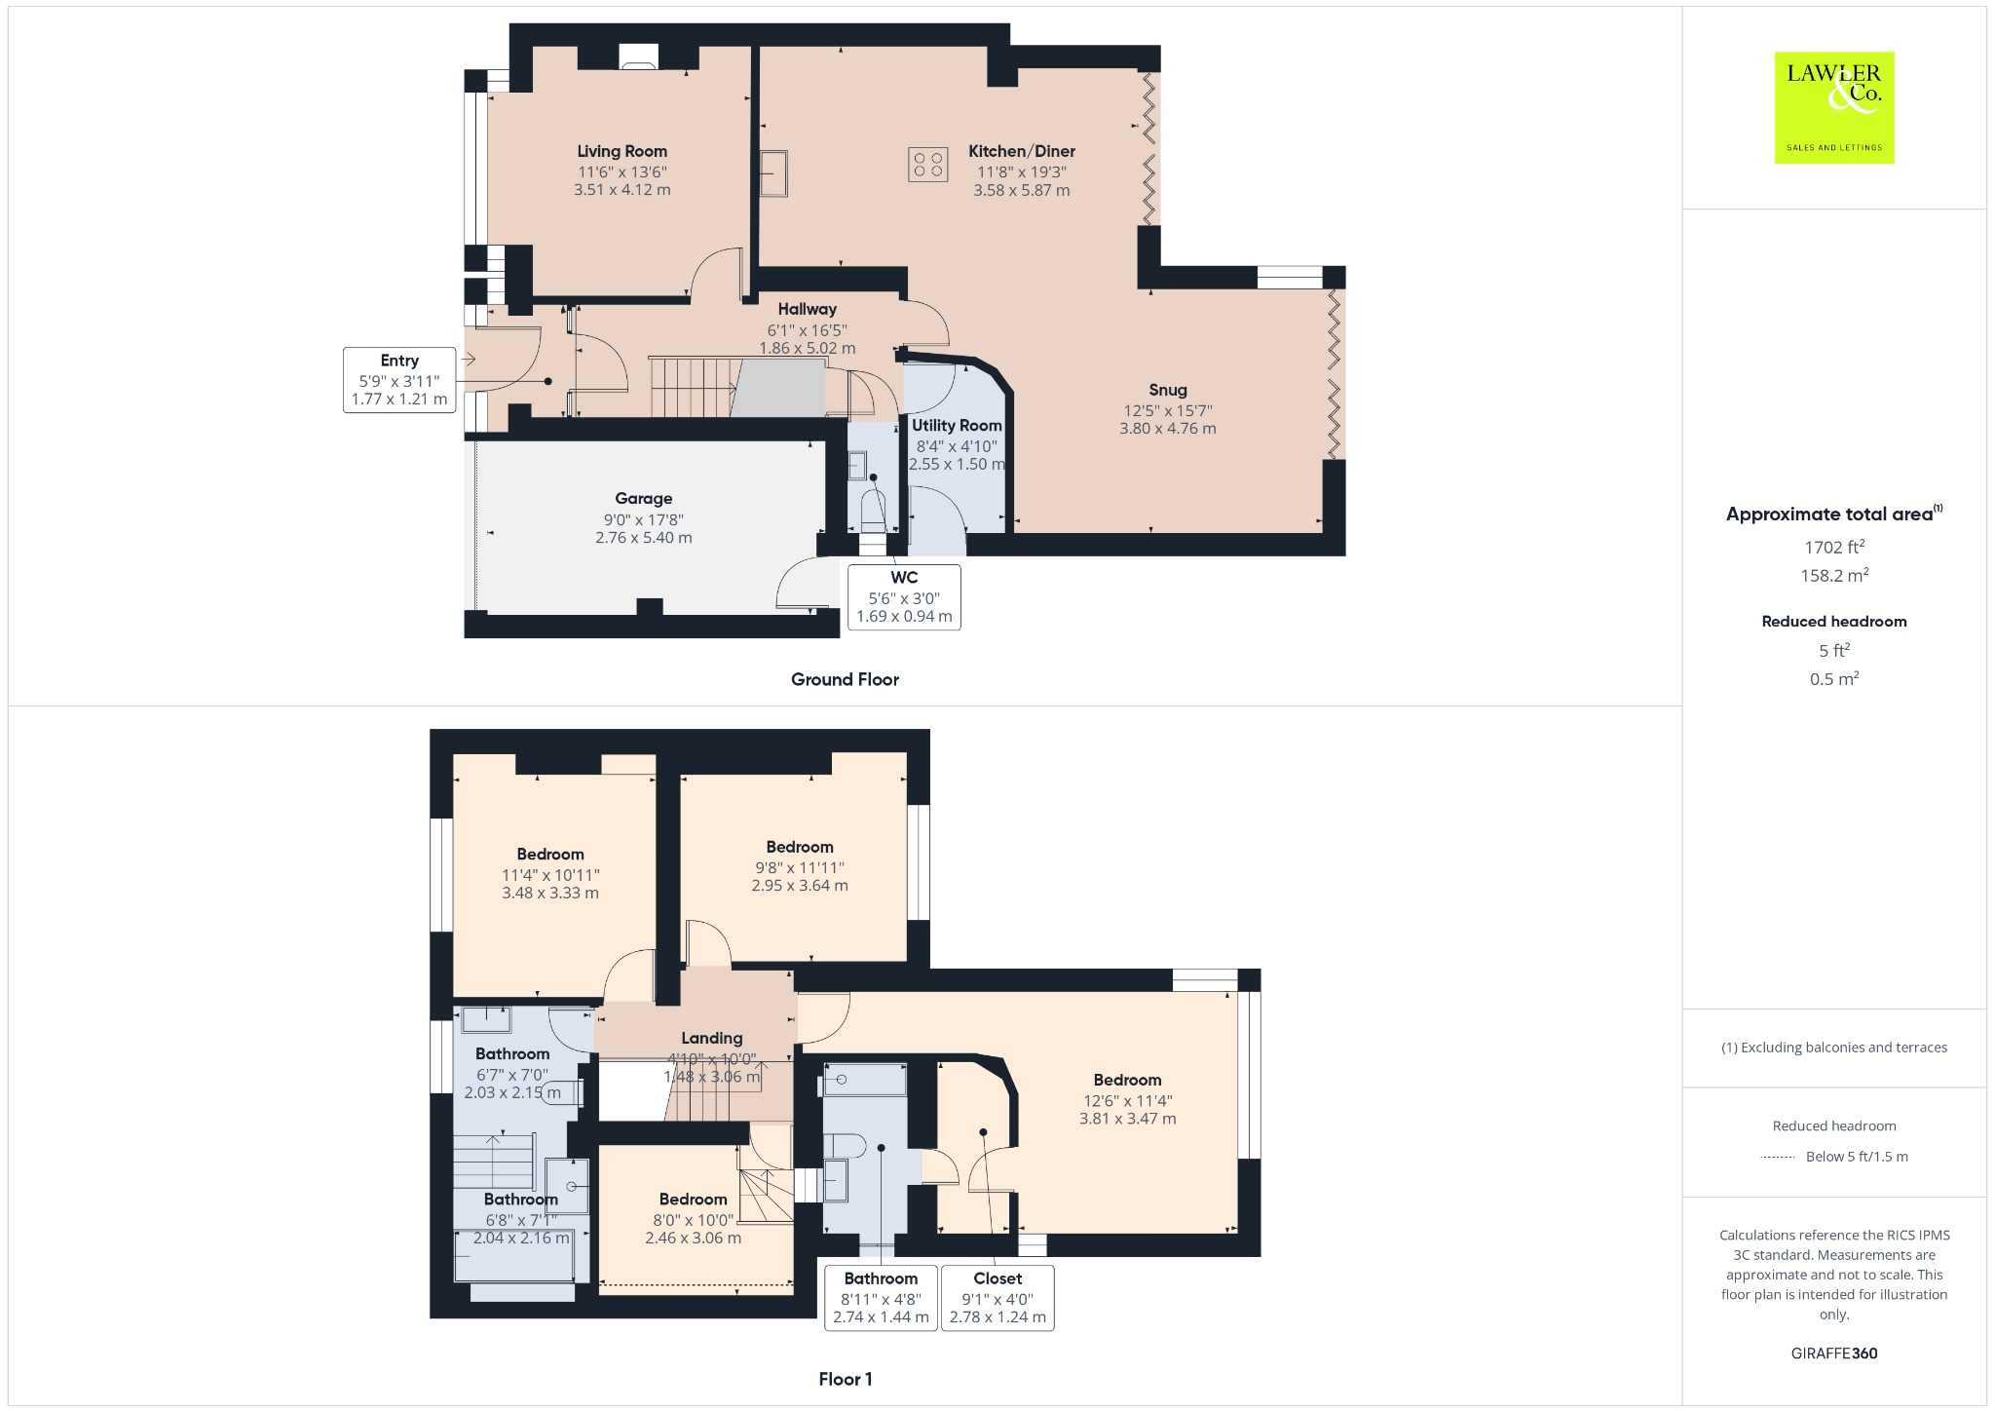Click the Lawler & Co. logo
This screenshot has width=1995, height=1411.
pyautogui.click(x=1833, y=107)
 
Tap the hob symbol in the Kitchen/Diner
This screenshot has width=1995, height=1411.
pyautogui.click(x=927, y=164)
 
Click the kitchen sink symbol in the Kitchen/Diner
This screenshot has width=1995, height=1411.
pyautogui.click(x=774, y=173)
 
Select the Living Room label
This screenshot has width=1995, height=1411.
pyautogui.click(x=621, y=151)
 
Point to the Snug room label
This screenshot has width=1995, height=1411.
pyautogui.click(x=1167, y=390)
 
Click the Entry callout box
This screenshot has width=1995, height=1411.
pyautogui.click(x=399, y=379)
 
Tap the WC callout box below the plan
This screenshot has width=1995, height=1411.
pyautogui.click(x=904, y=596)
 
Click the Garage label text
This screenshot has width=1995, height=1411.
pyautogui.click(x=643, y=498)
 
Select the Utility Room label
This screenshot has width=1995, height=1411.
pyautogui.click(x=957, y=425)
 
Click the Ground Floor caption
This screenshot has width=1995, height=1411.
pyautogui.click(x=845, y=679)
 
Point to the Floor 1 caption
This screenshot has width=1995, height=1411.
pyautogui.click(x=845, y=1379)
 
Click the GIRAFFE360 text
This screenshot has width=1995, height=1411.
pyautogui.click(x=1833, y=1353)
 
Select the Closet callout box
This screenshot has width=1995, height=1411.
pyautogui.click(x=997, y=1298)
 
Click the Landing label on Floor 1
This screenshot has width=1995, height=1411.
pyautogui.click(x=711, y=1038)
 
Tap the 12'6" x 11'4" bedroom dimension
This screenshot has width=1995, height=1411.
pyautogui.click(x=1127, y=1100)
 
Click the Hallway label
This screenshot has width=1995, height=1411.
pyautogui.click(x=807, y=309)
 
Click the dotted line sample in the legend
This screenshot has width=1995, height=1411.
pyautogui.click(x=1778, y=1157)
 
